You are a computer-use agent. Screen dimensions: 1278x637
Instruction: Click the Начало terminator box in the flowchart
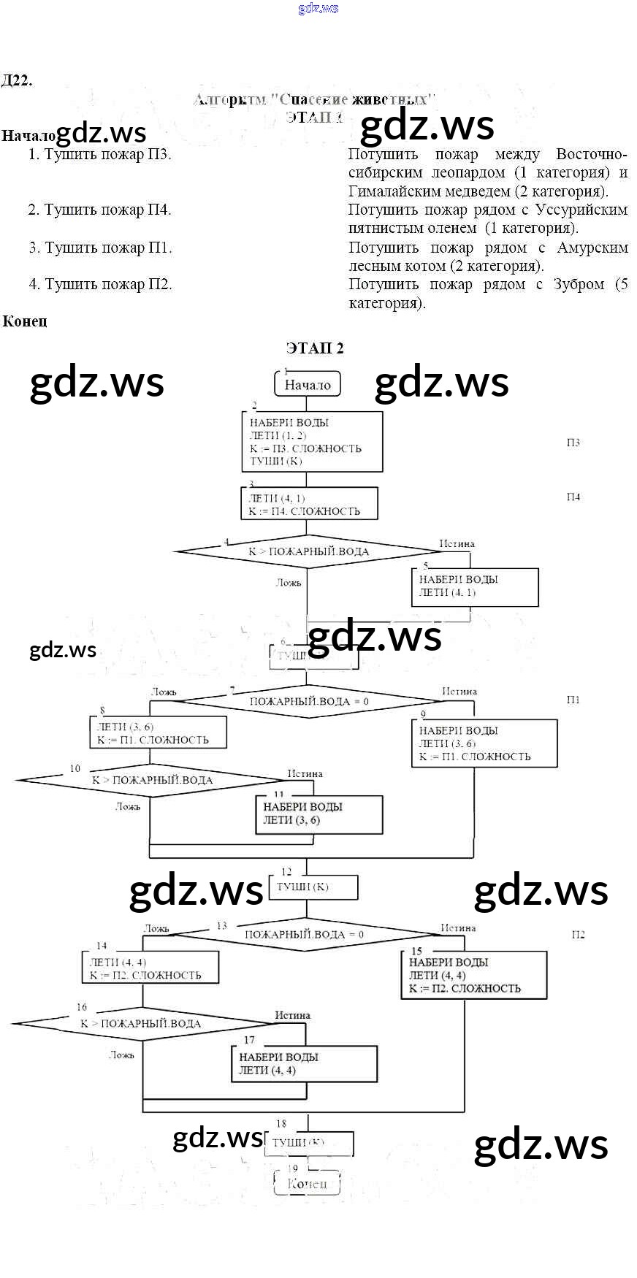point(308,384)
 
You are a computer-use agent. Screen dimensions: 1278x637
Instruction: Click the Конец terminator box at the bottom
point(307,1184)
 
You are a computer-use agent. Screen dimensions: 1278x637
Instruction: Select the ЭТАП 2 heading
point(315,348)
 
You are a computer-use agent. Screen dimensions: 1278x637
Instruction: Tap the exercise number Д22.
point(17,80)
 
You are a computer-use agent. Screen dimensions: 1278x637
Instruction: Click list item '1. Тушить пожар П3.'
point(99,154)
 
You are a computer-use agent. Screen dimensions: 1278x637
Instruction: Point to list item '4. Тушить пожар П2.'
point(101,284)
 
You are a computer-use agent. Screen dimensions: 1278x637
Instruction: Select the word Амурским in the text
point(592,248)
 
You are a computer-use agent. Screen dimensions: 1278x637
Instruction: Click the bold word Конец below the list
point(25,321)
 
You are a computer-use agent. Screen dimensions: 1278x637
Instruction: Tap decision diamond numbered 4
point(308,551)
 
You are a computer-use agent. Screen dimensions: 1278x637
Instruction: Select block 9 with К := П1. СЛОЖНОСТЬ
point(484,743)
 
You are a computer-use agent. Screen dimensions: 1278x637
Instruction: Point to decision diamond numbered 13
point(304,935)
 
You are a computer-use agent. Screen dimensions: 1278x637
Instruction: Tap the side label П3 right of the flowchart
point(573,443)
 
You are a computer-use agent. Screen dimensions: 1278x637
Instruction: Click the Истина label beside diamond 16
point(292,1015)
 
